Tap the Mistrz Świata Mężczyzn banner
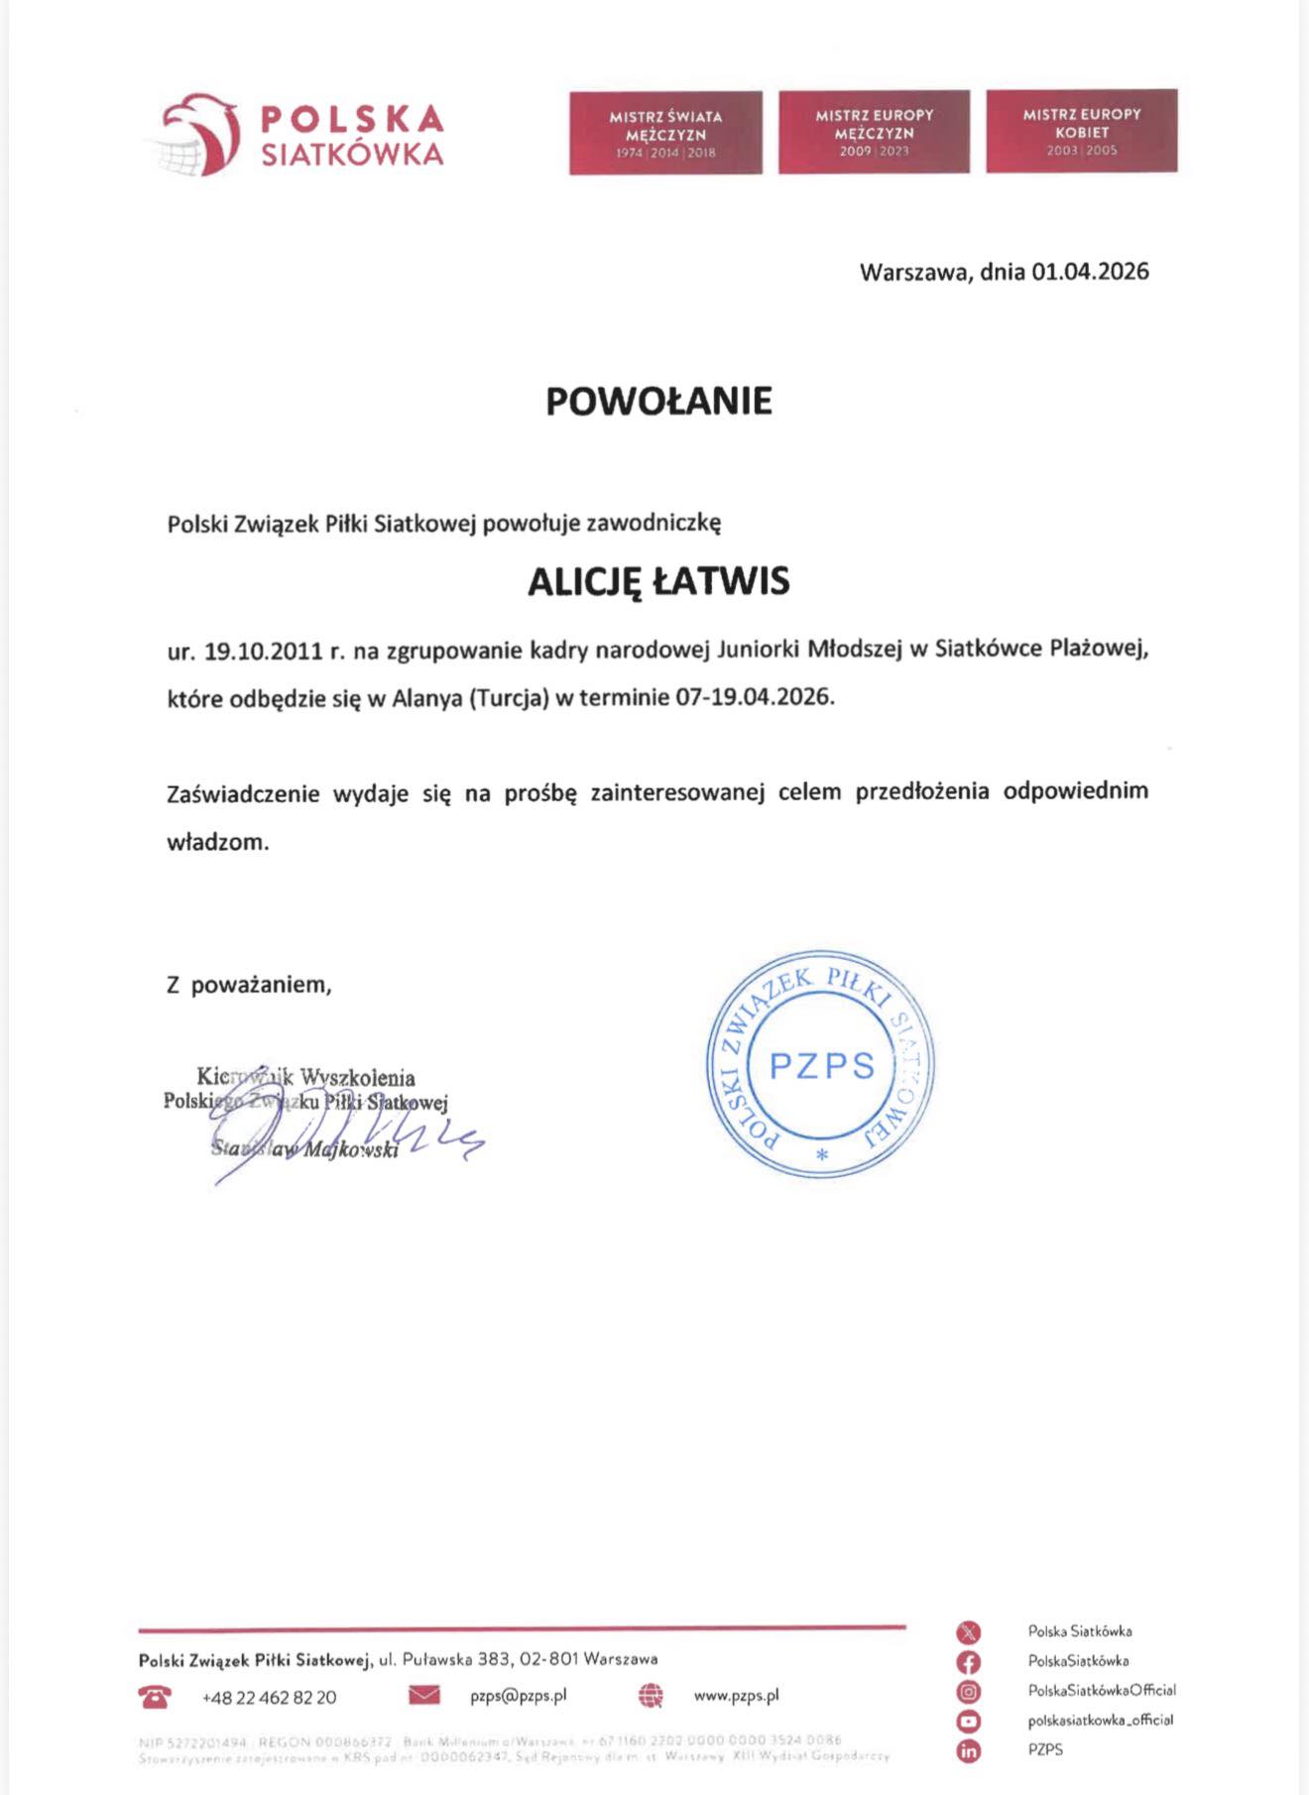click(665, 133)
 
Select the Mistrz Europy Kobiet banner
click(1082, 131)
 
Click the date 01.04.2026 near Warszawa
click(1090, 272)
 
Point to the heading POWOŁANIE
click(658, 401)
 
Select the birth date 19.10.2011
click(264, 652)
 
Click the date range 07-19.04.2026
click(754, 696)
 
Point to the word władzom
click(217, 843)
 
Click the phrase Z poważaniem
click(249, 985)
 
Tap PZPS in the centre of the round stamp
click(822, 1065)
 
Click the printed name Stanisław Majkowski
click(304, 1149)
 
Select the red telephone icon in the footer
click(155, 1697)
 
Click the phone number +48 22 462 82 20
click(269, 1698)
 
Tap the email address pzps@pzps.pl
click(518, 1696)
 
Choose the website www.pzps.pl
click(736, 1696)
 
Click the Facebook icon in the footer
click(968, 1662)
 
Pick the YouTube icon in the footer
click(968, 1722)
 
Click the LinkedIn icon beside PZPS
click(968, 1751)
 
